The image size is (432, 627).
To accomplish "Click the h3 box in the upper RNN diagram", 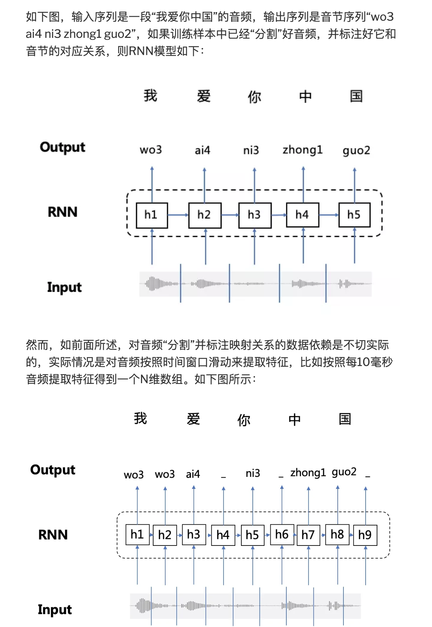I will pyautogui.click(x=255, y=215).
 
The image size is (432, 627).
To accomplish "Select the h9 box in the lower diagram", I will pyautogui.click(x=365, y=535).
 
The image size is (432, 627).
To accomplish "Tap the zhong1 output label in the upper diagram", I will pyautogui.click(x=303, y=150).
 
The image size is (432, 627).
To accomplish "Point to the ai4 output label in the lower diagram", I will pyautogui.click(x=193, y=474).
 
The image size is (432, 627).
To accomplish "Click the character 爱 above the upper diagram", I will pyautogui.click(x=204, y=96).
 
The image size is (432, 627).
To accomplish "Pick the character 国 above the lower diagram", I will pyautogui.click(x=345, y=419).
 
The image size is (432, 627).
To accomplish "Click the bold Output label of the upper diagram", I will pyautogui.click(x=62, y=147).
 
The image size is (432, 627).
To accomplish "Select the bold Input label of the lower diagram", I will pyautogui.click(x=55, y=609).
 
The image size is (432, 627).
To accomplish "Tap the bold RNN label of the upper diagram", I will pyautogui.click(x=62, y=212).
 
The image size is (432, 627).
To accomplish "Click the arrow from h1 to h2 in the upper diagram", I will pyautogui.click(x=178, y=215).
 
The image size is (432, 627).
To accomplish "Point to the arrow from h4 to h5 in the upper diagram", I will pyautogui.click(x=328, y=215).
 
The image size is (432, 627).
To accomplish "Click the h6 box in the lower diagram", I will pyautogui.click(x=282, y=534).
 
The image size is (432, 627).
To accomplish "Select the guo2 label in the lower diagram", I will pyautogui.click(x=344, y=472).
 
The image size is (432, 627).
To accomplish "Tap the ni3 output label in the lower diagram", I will pyautogui.click(x=253, y=473).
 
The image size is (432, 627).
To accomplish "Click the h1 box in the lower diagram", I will pyautogui.click(x=137, y=534).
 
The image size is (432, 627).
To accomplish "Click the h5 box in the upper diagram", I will pyautogui.click(x=354, y=215).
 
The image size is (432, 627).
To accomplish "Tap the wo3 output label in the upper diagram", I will pyautogui.click(x=151, y=150).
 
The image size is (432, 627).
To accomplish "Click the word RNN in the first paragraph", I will pyautogui.click(x=141, y=51).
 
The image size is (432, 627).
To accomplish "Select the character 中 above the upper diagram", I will pyautogui.click(x=305, y=96).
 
